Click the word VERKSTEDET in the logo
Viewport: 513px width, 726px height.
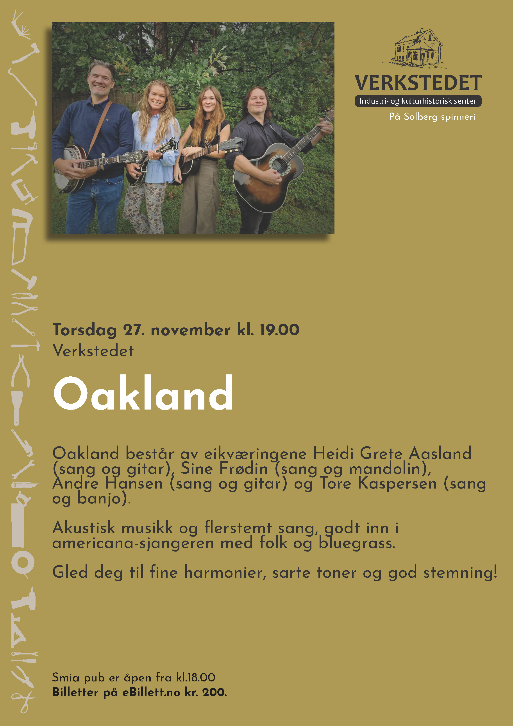418,83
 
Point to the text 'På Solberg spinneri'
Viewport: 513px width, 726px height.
432,117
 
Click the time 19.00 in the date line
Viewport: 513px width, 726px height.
279,330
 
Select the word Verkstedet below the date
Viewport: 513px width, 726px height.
93,351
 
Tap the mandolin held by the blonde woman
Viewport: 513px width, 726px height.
148,161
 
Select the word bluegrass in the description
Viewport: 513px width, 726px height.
357,543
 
